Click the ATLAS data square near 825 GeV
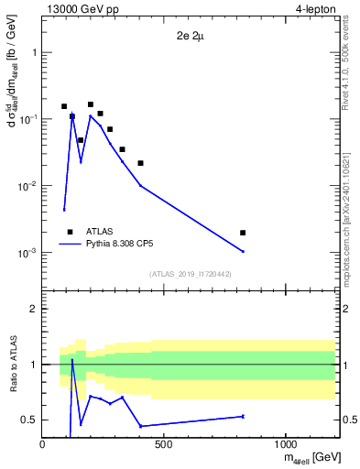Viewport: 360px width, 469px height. coord(243,233)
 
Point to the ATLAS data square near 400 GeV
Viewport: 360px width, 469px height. coord(140,163)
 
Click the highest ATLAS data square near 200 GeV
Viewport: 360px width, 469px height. coord(91,104)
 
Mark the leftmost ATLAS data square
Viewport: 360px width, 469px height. coord(64,106)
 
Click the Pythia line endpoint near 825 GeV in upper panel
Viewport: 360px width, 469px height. coord(243,251)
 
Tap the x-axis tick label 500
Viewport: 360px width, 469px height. coord(164,444)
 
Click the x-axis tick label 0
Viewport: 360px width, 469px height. coord(43,444)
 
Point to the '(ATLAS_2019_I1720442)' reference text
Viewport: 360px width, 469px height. coord(190,274)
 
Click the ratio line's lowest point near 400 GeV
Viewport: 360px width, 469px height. coord(140,426)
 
